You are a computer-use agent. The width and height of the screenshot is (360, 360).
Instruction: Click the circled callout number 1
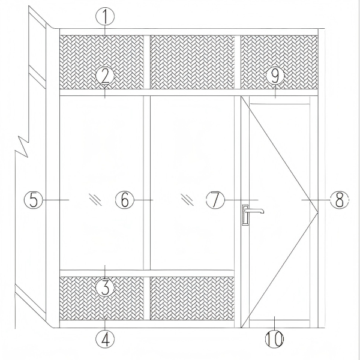click(105, 16)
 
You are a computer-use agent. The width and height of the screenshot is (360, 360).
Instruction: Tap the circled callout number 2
click(105, 76)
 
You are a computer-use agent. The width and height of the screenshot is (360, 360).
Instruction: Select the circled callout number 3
click(105, 287)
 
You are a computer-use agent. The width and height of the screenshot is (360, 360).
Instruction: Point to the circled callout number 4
click(105, 339)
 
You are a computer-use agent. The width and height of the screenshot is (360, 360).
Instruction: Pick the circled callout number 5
click(34, 200)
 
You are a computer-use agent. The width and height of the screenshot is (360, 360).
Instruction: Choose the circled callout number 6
click(125, 200)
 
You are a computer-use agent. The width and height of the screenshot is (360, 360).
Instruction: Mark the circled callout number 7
click(215, 200)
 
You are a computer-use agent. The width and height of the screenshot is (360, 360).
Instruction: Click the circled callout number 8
click(340, 200)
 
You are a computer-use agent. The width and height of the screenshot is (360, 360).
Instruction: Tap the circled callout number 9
click(275, 76)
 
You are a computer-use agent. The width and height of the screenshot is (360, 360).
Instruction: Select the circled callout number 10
click(275, 339)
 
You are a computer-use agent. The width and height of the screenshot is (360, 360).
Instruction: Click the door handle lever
click(253, 210)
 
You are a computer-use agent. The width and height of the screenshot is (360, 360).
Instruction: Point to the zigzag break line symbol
click(22, 146)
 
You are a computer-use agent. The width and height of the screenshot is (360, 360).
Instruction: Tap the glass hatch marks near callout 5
click(95, 199)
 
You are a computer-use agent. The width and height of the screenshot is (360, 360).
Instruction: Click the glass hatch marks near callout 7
click(187, 199)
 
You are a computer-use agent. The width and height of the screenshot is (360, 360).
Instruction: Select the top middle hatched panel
click(192, 62)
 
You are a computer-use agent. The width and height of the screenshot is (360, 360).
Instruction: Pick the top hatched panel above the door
click(279, 62)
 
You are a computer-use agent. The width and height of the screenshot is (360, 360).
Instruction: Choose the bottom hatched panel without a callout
click(192, 298)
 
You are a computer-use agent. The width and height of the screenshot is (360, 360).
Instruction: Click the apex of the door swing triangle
click(318, 212)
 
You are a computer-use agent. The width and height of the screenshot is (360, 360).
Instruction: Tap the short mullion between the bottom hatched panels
click(147, 298)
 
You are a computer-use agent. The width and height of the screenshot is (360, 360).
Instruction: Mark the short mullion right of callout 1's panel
click(147, 62)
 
